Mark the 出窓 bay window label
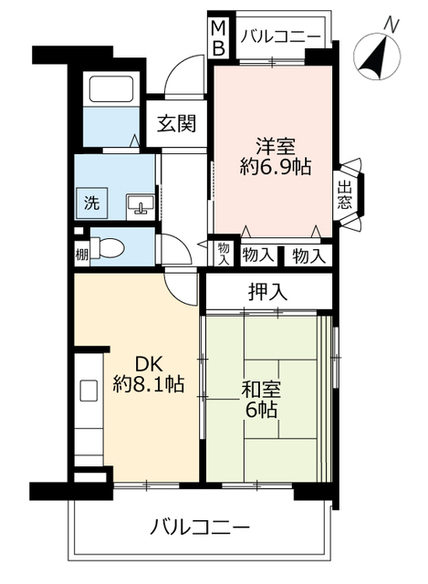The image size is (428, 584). [x=345, y=195]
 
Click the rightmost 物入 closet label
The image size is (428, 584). [x=308, y=256]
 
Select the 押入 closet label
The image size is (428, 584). [x=267, y=293]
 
